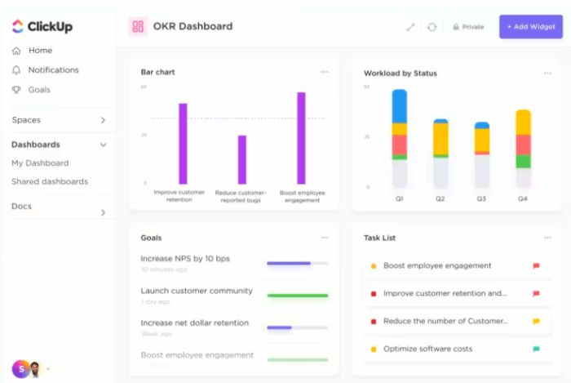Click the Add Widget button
[x=531, y=27]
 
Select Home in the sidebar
[x=40, y=51]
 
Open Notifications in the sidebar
[x=53, y=70]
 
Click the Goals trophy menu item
[x=38, y=90]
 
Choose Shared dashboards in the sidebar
[x=49, y=181]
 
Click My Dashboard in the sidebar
[x=40, y=163]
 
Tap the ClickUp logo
[x=42, y=27]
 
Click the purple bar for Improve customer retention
[x=183, y=144]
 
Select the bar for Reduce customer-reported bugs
[x=242, y=159]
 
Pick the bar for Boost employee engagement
[x=301, y=138]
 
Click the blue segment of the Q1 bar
[x=400, y=106]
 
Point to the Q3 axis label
[x=481, y=198]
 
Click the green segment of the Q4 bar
[x=523, y=162]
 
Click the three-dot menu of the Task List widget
[x=548, y=238]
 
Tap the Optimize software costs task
[x=427, y=349]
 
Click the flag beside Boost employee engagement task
[x=536, y=266]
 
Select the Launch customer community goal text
[x=197, y=291]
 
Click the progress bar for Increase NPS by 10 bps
[x=297, y=263]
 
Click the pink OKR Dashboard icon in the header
[x=138, y=26]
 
